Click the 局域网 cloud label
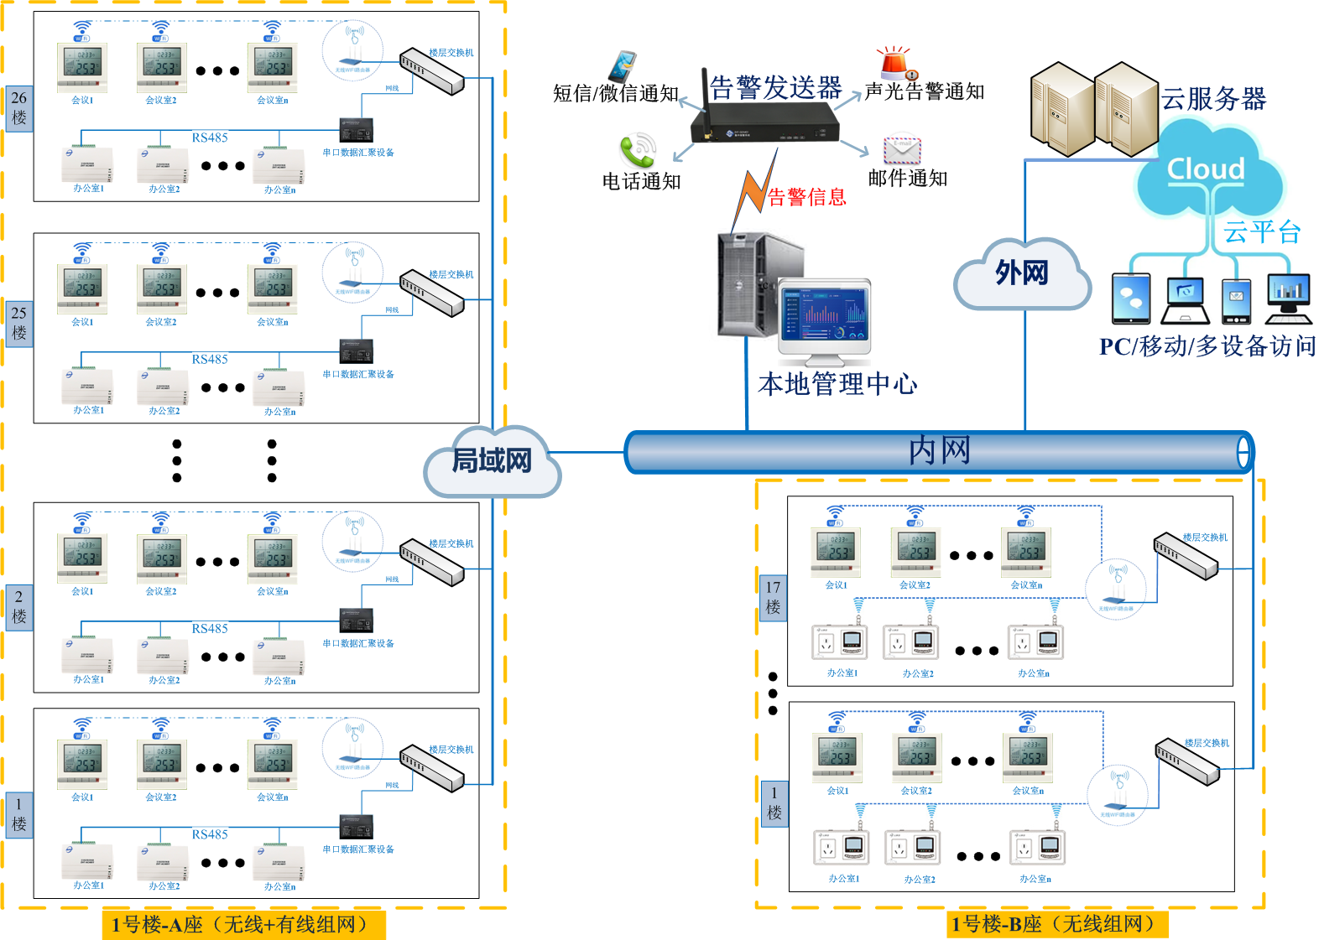pos(492,460)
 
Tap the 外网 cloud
pos(1022,273)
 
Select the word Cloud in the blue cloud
pos(1206,169)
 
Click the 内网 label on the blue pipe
pos(939,450)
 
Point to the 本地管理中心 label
pos(837,384)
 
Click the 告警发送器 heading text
pos(775,87)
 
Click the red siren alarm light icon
pos(895,63)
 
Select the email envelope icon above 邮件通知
pos(902,150)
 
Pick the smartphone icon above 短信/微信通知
pos(623,66)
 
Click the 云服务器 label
pos(1213,99)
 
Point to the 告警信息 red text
pos(807,197)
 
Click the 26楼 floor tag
pos(19,108)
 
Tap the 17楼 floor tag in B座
pos(773,596)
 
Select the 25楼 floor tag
pos(19,323)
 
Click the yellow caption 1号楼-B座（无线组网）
pos(1057,924)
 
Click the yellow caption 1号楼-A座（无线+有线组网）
pos(243,924)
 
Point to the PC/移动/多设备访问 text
pos(1207,345)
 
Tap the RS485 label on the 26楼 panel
pos(210,138)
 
